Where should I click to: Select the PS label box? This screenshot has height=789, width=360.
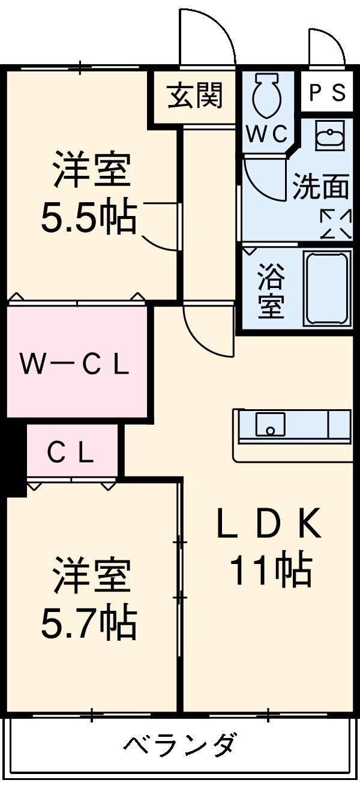[327, 92]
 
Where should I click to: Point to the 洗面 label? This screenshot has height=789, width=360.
[320, 187]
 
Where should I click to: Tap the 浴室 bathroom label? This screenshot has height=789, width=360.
[271, 291]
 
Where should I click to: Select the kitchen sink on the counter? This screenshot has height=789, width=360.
[269, 425]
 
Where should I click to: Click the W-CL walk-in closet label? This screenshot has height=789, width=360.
[74, 364]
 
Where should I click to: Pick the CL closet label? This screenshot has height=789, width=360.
[71, 452]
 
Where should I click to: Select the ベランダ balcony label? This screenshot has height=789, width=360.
[179, 746]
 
